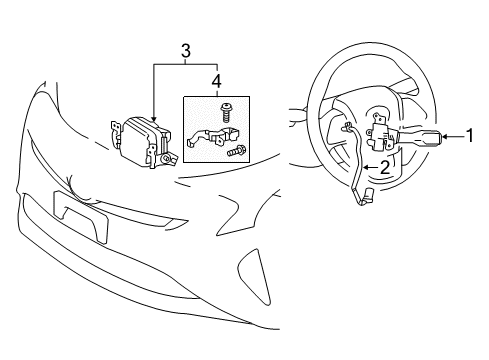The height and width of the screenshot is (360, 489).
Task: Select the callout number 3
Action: click(185, 49)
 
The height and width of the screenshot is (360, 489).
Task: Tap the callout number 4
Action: click(219, 79)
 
